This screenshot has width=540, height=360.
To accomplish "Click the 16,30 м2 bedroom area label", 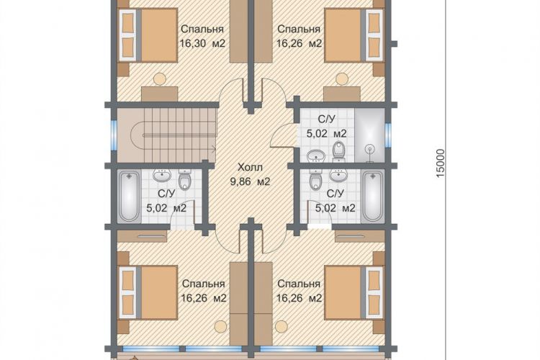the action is (x=202, y=44).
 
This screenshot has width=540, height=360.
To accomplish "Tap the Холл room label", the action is (x=251, y=168).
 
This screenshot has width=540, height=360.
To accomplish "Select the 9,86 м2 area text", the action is (x=251, y=181).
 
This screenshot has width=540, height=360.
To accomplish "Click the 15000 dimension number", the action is (x=441, y=163).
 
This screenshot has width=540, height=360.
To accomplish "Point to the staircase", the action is (x=167, y=135).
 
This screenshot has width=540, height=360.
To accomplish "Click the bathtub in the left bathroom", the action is (x=129, y=197).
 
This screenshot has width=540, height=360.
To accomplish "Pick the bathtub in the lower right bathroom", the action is (x=373, y=197).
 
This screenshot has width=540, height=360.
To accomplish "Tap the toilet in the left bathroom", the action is (x=185, y=180).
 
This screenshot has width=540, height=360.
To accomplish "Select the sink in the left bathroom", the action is (x=161, y=176).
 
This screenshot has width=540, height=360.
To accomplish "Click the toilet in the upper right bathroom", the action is (x=339, y=151).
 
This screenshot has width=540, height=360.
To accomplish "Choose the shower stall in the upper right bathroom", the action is (x=369, y=135).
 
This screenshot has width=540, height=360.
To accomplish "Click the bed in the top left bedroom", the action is (x=148, y=35).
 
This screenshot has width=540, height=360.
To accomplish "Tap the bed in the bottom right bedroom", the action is (x=354, y=292).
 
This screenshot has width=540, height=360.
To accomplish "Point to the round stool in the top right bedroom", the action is (x=342, y=79).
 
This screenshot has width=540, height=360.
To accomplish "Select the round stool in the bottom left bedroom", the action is (x=219, y=326).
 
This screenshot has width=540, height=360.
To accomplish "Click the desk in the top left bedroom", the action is (x=159, y=94).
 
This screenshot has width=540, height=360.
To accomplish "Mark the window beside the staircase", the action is (x=114, y=135).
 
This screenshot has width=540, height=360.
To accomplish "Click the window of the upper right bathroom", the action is (x=388, y=134).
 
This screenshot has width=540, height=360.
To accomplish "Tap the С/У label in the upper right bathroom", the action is (x=326, y=120).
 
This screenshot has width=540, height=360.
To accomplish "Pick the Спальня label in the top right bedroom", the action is (x=299, y=30).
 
